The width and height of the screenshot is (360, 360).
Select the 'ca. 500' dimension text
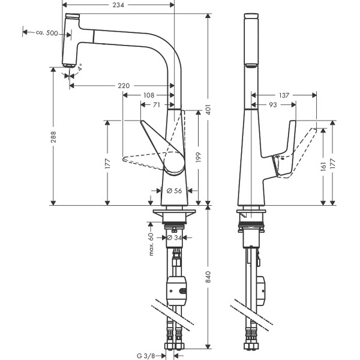[47, 34]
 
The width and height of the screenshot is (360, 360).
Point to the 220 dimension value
[124, 86]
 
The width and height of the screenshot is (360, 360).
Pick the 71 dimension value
[156, 104]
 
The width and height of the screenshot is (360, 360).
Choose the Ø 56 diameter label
[174, 190]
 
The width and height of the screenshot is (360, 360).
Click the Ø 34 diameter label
[174, 238]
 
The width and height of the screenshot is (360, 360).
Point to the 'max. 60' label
[152, 245]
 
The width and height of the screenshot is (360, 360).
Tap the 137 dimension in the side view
[284, 95]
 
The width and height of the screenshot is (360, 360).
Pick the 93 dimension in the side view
[273, 104]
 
